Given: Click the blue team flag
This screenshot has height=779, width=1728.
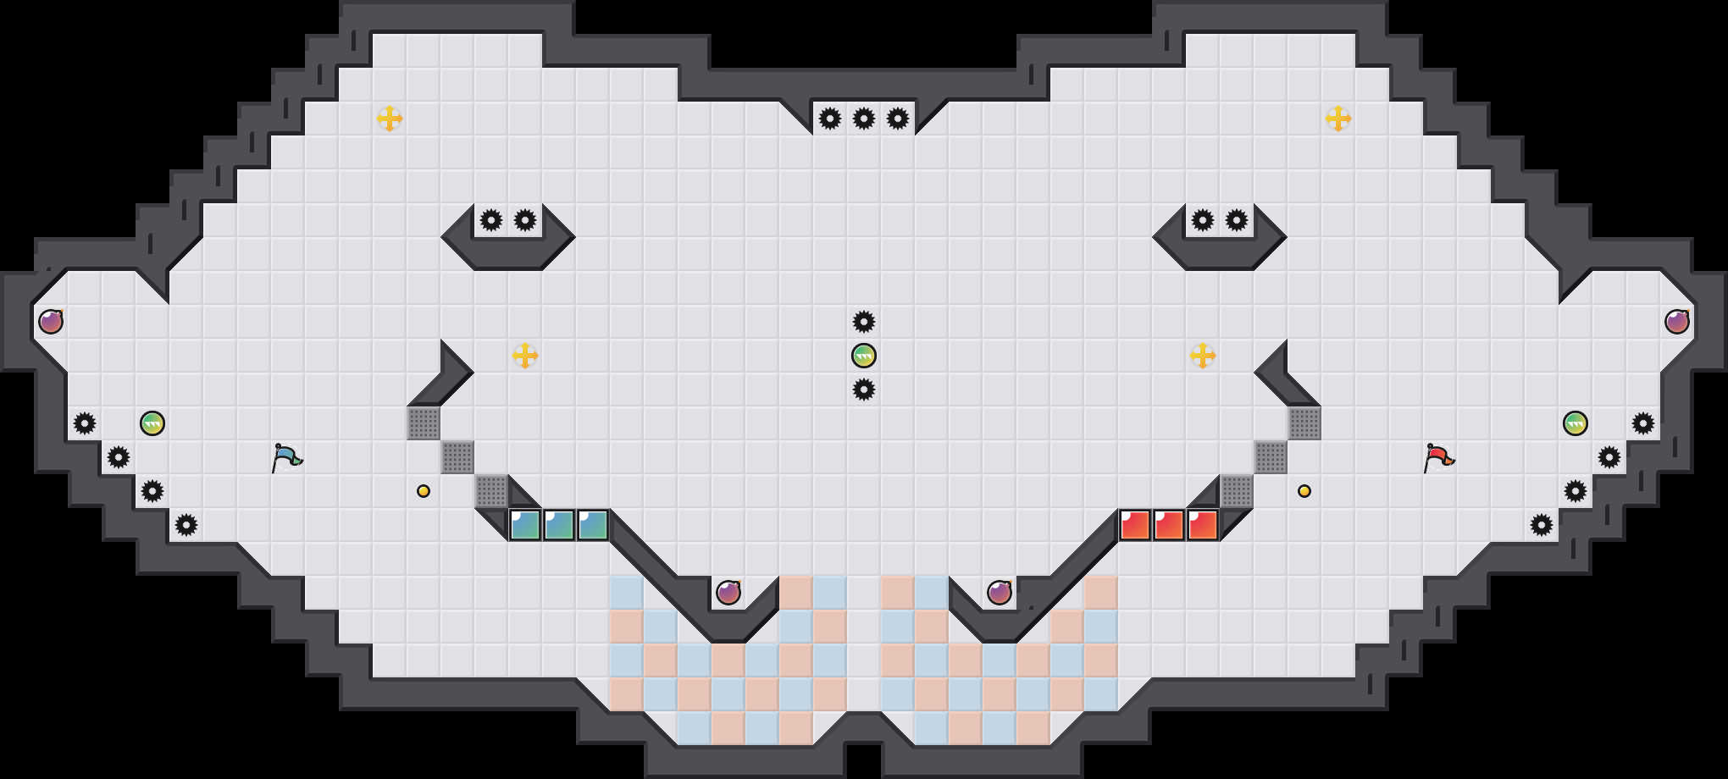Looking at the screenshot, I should pyautogui.click(x=286, y=457).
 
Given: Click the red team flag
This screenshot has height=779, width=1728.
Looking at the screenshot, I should pyautogui.click(x=1438, y=457).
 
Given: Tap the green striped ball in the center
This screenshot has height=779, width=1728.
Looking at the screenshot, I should pyautogui.click(x=864, y=356).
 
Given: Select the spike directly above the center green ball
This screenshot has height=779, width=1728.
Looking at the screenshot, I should pyautogui.click(x=864, y=322).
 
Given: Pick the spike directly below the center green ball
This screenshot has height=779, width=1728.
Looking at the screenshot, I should pyautogui.click(x=864, y=389).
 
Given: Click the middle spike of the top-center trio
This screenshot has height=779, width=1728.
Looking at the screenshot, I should pyautogui.click(x=864, y=119).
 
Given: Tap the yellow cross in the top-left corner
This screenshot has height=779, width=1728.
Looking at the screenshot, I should pyautogui.click(x=390, y=119).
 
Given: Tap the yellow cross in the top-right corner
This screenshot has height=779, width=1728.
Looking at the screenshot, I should pyautogui.click(x=1338, y=119).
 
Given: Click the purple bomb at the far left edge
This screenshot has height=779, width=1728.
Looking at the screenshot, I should pyautogui.click(x=51, y=322).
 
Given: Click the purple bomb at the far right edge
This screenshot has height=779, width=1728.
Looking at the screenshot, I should pyautogui.click(x=1677, y=322).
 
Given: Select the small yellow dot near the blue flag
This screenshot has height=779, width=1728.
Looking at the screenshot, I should pyautogui.click(x=424, y=491).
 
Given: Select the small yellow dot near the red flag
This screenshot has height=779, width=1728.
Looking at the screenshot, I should pyautogui.click(x=1304, y=491).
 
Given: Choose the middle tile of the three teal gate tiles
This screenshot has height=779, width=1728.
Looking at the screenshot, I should pyautogui.click(x=559, y=525).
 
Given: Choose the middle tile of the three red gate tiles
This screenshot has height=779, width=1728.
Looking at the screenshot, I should pyautogui.click(x=1169, y=525).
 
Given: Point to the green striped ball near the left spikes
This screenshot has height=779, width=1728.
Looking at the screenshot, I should pyautogui.click(x=152, y=423).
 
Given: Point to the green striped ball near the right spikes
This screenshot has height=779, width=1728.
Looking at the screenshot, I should pyautogui.click(x=1576, y=423).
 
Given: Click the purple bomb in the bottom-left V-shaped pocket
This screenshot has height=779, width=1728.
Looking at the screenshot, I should pyautogui.click(x=728, y=593).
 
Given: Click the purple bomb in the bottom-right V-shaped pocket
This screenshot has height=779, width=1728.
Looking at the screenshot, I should pyautogui.click(x=1000, y=593).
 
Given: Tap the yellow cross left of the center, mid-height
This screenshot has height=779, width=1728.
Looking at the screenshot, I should pyautogui.click(x=525, y=356).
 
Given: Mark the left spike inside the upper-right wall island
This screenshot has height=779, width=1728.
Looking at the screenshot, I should pyautogui.click(x=1203, y=220).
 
